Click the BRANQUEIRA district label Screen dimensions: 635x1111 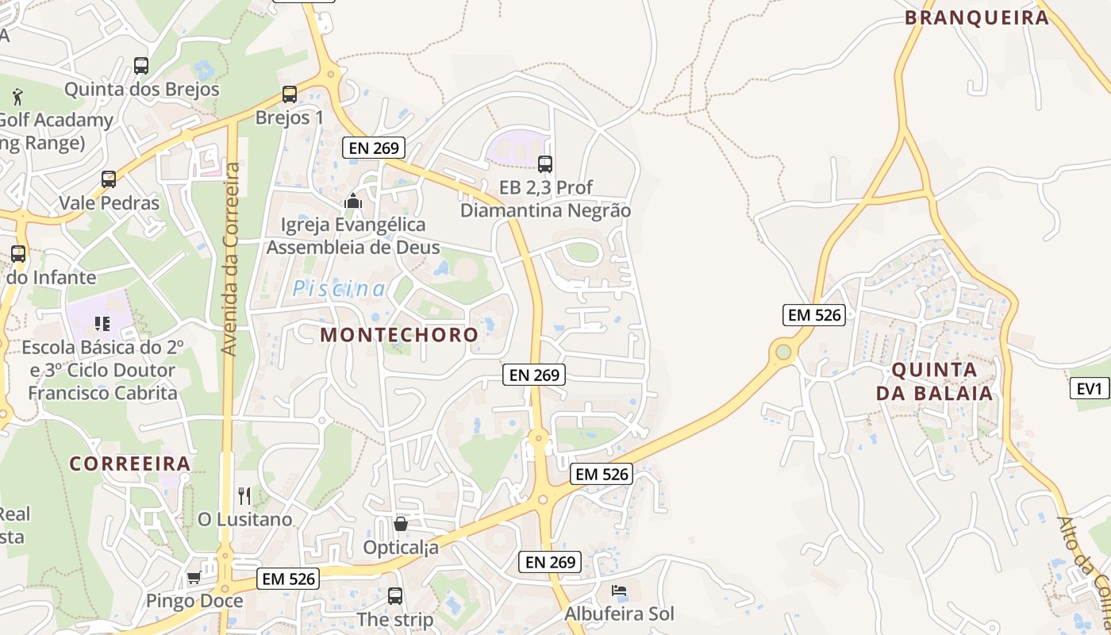pyautogui.click(x=977, y=17)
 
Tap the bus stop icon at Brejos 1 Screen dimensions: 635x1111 pyautogui.click(x=290, y=94)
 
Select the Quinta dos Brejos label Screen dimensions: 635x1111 pyautogui.click(x=141, y=89)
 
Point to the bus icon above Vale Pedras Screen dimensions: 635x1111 pyautogui.click(x=109, y=179)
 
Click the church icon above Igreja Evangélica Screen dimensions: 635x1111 pyautogui.click(x=353, y=202)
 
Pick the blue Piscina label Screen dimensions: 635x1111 pyautogui.click(x=339, y=289)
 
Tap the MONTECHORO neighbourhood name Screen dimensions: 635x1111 pyautogui.click(x=399, y=334)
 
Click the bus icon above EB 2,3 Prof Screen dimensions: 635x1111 pyautogui.click(x=545, y=164)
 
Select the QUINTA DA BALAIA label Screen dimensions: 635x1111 pyautogui.click(x=934, y=381)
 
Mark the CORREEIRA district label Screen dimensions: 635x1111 pyautogui.click(x=129, y=464)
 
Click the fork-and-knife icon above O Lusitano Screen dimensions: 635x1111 pyautogui.click(x=244, y=496)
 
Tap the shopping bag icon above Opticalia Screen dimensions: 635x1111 pyautogui.click(x=401, y=524)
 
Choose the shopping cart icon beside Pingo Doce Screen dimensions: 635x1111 pyautogui.click(x=194, y=578)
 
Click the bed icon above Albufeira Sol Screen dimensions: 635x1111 pyautogui.click(x=619, y=591)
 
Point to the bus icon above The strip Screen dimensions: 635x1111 pyautogui.click(x=395, y=596)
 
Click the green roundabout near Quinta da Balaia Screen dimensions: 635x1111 pyautogui.click(x=784, y=351)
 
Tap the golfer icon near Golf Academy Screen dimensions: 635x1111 pyautogui.click(x=17, y=98)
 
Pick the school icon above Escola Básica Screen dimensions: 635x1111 pyautogui.click(x=102, y=323)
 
